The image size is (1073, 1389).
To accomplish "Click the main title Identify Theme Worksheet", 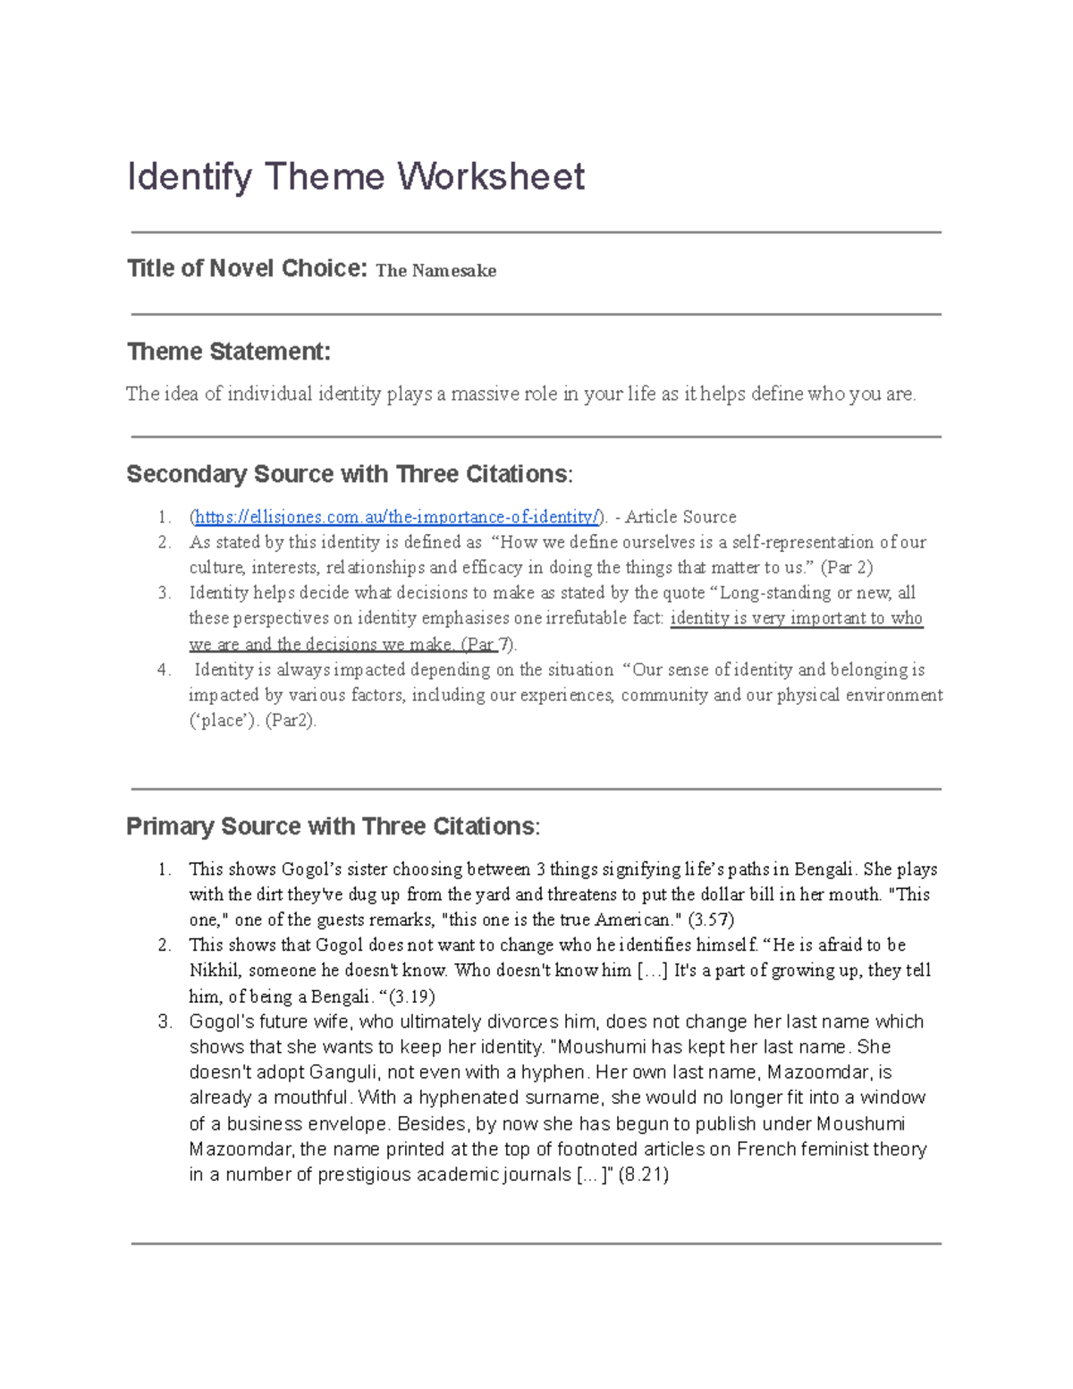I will pyautogui.click(x=355, y=176).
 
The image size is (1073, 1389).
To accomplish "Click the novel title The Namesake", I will pyautogui.click(x=435, y=271).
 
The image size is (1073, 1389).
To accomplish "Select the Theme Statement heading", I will pyautogui.click(x=228, y=351).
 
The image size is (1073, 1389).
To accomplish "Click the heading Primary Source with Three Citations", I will pyautogui.click(x=332, y=826).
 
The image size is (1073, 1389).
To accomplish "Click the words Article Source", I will pyautogui.click(x=680, y=517).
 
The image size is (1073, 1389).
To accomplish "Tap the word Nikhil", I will pyautogui.click(x=215, y=970).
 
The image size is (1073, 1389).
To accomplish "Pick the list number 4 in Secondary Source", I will pyautogui.click(x=164, y=670).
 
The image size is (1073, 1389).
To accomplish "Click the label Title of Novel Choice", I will pyautogui.click(x=247, y=268).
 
